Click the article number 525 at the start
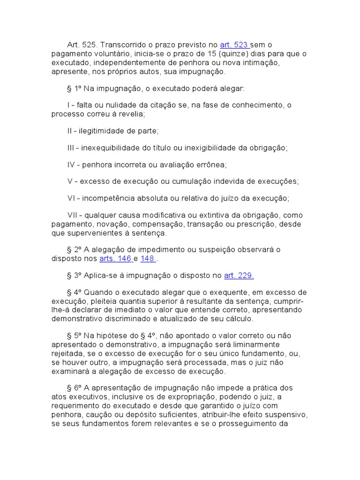point(89,45)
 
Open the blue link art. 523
point(234,45)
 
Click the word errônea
point(212,165)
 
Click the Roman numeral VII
point(73,215)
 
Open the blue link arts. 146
point(115,258)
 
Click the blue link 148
point(148,258)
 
